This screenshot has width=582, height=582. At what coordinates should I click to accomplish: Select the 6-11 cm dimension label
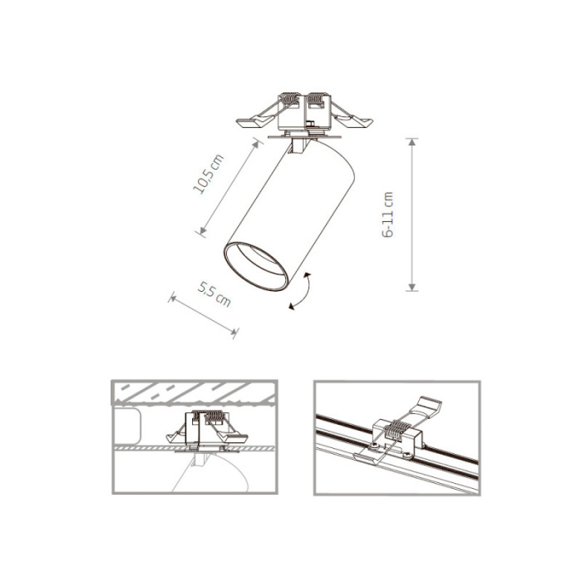387,215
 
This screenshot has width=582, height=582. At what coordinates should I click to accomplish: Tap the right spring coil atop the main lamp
317,104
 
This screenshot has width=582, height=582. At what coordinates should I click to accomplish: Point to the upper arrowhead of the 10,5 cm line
254,143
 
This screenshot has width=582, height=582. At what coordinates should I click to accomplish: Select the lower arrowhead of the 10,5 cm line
200,231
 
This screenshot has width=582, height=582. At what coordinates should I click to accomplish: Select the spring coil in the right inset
399,431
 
